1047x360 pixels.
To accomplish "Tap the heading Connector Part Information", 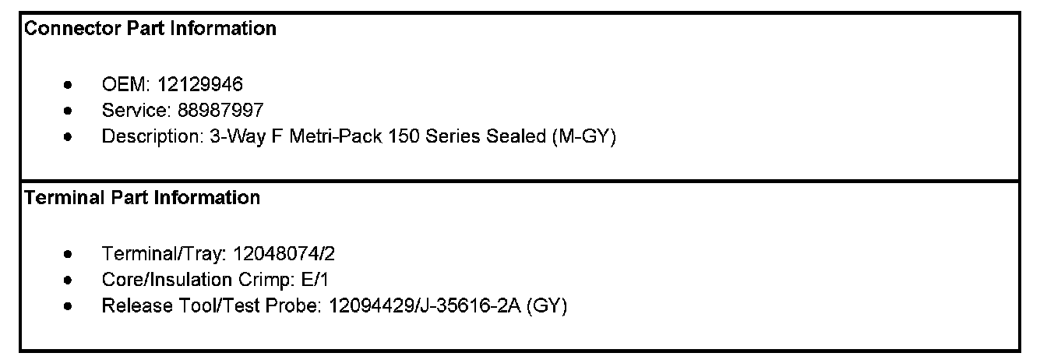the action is pos(150,29).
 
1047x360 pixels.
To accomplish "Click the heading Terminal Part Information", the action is pos(143,198).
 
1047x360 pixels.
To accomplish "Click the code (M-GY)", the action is pos(583,136).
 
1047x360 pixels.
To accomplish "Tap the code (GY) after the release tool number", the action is pos(547,305).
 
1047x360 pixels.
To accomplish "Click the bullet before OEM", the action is pos(70,85).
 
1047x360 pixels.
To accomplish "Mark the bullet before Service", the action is pos(70,111).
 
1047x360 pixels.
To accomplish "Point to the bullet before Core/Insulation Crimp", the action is pos(70,280).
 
